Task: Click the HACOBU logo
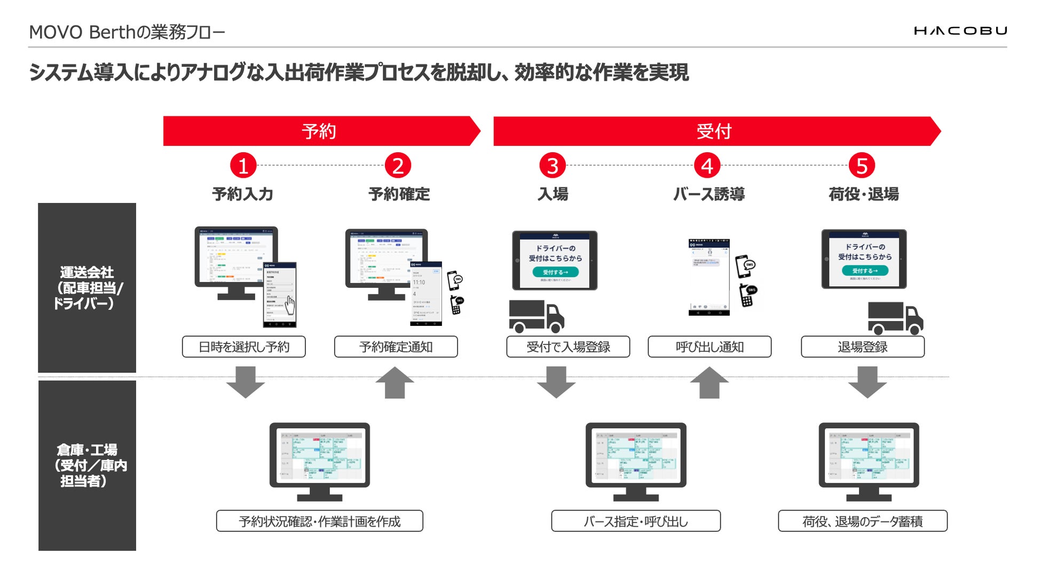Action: tap(960, 31)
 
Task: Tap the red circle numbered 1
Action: tap(243, 166)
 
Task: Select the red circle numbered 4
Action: tap(707, 166)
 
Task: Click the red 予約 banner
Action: tap(319, 131)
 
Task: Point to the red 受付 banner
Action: tap(714, 131)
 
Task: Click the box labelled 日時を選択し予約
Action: tap(244, 347)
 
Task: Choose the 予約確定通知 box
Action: tap(396, 347)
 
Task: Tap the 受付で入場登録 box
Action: tap(568, 347)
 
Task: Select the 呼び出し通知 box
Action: tap(709, 347)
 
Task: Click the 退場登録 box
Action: tap(863, 347)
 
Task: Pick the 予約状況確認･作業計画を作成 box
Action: tap(319, 521)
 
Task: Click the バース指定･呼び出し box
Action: tap(635, 521)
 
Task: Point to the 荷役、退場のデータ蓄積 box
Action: tap(862, 521)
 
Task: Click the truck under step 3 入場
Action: tap(536, 316)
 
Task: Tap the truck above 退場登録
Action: tap(895, 318)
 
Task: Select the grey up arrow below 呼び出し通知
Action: tap(709, 382)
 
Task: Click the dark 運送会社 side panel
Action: tap(87, 287)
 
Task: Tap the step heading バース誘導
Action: tap(708, 194)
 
